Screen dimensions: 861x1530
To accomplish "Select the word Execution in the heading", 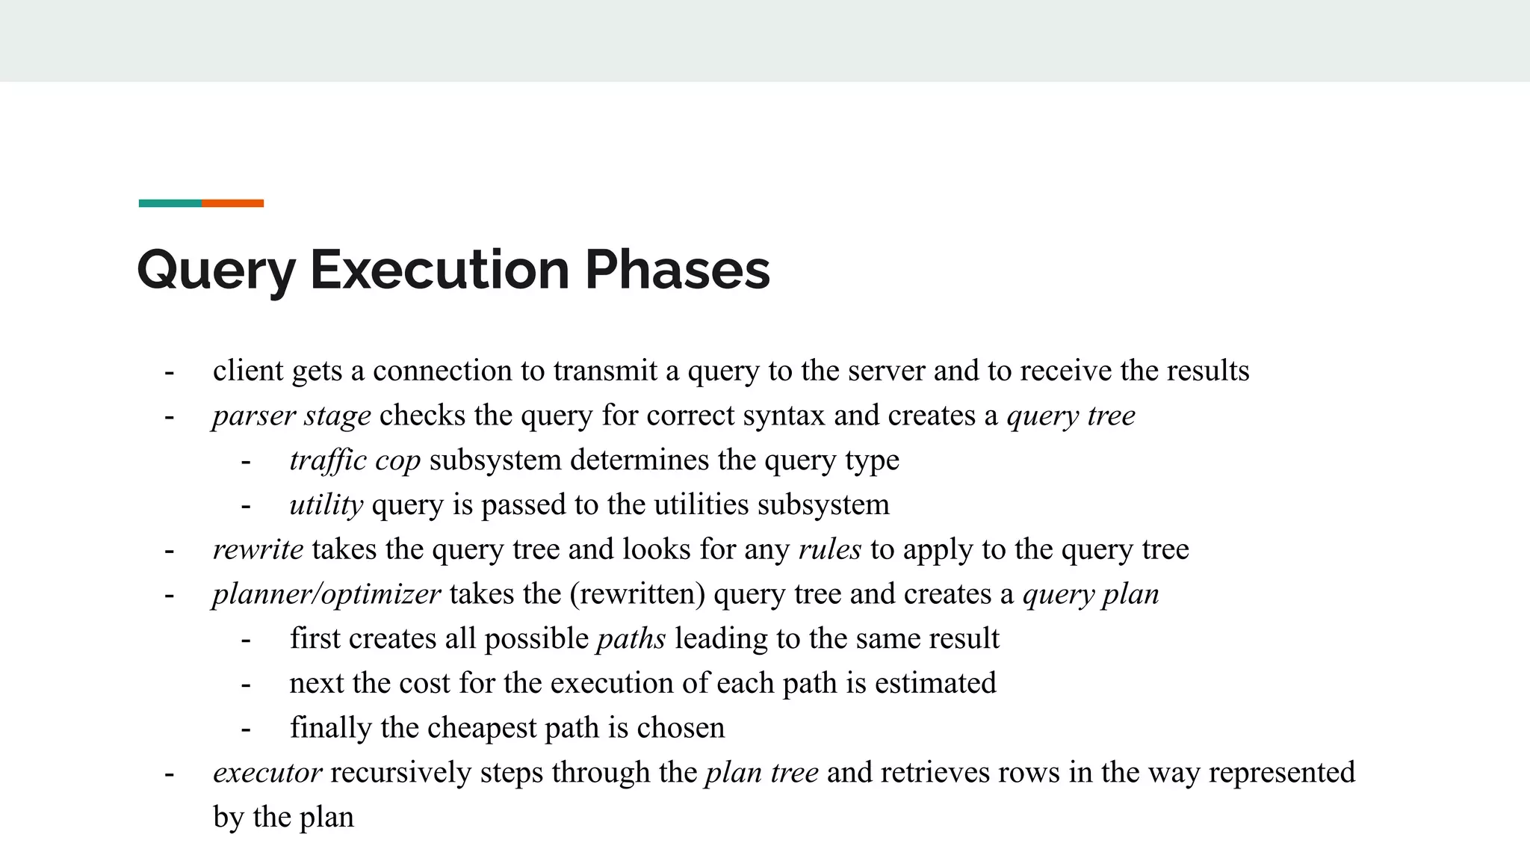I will point(439,270).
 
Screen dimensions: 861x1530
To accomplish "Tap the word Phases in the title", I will point(677,270).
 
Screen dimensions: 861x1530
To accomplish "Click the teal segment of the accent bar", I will point(170,203).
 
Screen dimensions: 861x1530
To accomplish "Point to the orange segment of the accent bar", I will point(232,203).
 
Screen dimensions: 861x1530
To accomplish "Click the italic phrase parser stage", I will point(291,416).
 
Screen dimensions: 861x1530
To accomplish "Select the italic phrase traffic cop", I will point(355,460).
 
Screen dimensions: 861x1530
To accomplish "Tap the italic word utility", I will point(326,505).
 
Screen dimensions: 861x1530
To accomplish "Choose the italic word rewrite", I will point(258,549).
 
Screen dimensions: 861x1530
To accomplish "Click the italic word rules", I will point(830,549).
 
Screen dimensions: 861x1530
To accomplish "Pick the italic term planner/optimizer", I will point(326,594).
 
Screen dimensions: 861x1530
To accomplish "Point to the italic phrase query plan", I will point(1091,594).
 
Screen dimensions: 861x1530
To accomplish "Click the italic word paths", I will point(631,639).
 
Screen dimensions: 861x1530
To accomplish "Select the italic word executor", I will point(267,773).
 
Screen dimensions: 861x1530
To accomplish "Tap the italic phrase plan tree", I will point(762,773).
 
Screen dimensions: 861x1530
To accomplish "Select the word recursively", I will point(400,773).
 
